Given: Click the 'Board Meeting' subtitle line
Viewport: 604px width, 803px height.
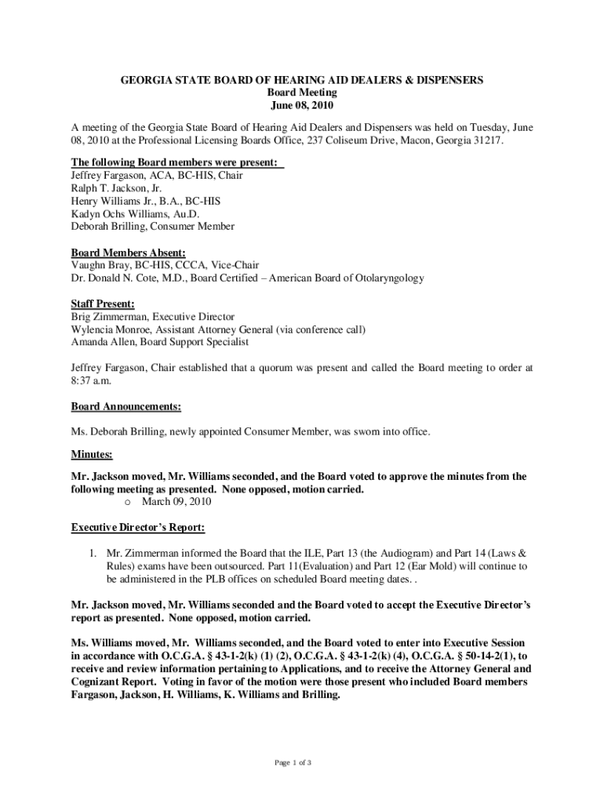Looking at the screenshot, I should point(302,93).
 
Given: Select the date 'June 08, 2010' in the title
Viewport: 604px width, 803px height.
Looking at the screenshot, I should point(302,105).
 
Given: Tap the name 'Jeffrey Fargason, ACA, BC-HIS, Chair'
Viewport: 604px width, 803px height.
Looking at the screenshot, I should point(157,176).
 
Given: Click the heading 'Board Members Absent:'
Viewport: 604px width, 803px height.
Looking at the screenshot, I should point(129,253).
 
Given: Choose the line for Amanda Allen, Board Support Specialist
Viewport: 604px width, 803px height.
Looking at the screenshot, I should point(160,342).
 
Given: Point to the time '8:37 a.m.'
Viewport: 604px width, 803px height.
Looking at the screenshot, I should point(91,380).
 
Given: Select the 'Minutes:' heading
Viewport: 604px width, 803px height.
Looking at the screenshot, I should point(92,454).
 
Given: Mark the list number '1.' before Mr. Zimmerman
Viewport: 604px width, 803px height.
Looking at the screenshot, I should point(92,553).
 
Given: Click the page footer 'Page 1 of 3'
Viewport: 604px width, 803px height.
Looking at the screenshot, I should point(302,762).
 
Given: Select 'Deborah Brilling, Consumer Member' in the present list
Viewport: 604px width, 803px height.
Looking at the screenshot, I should point(153,227).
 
